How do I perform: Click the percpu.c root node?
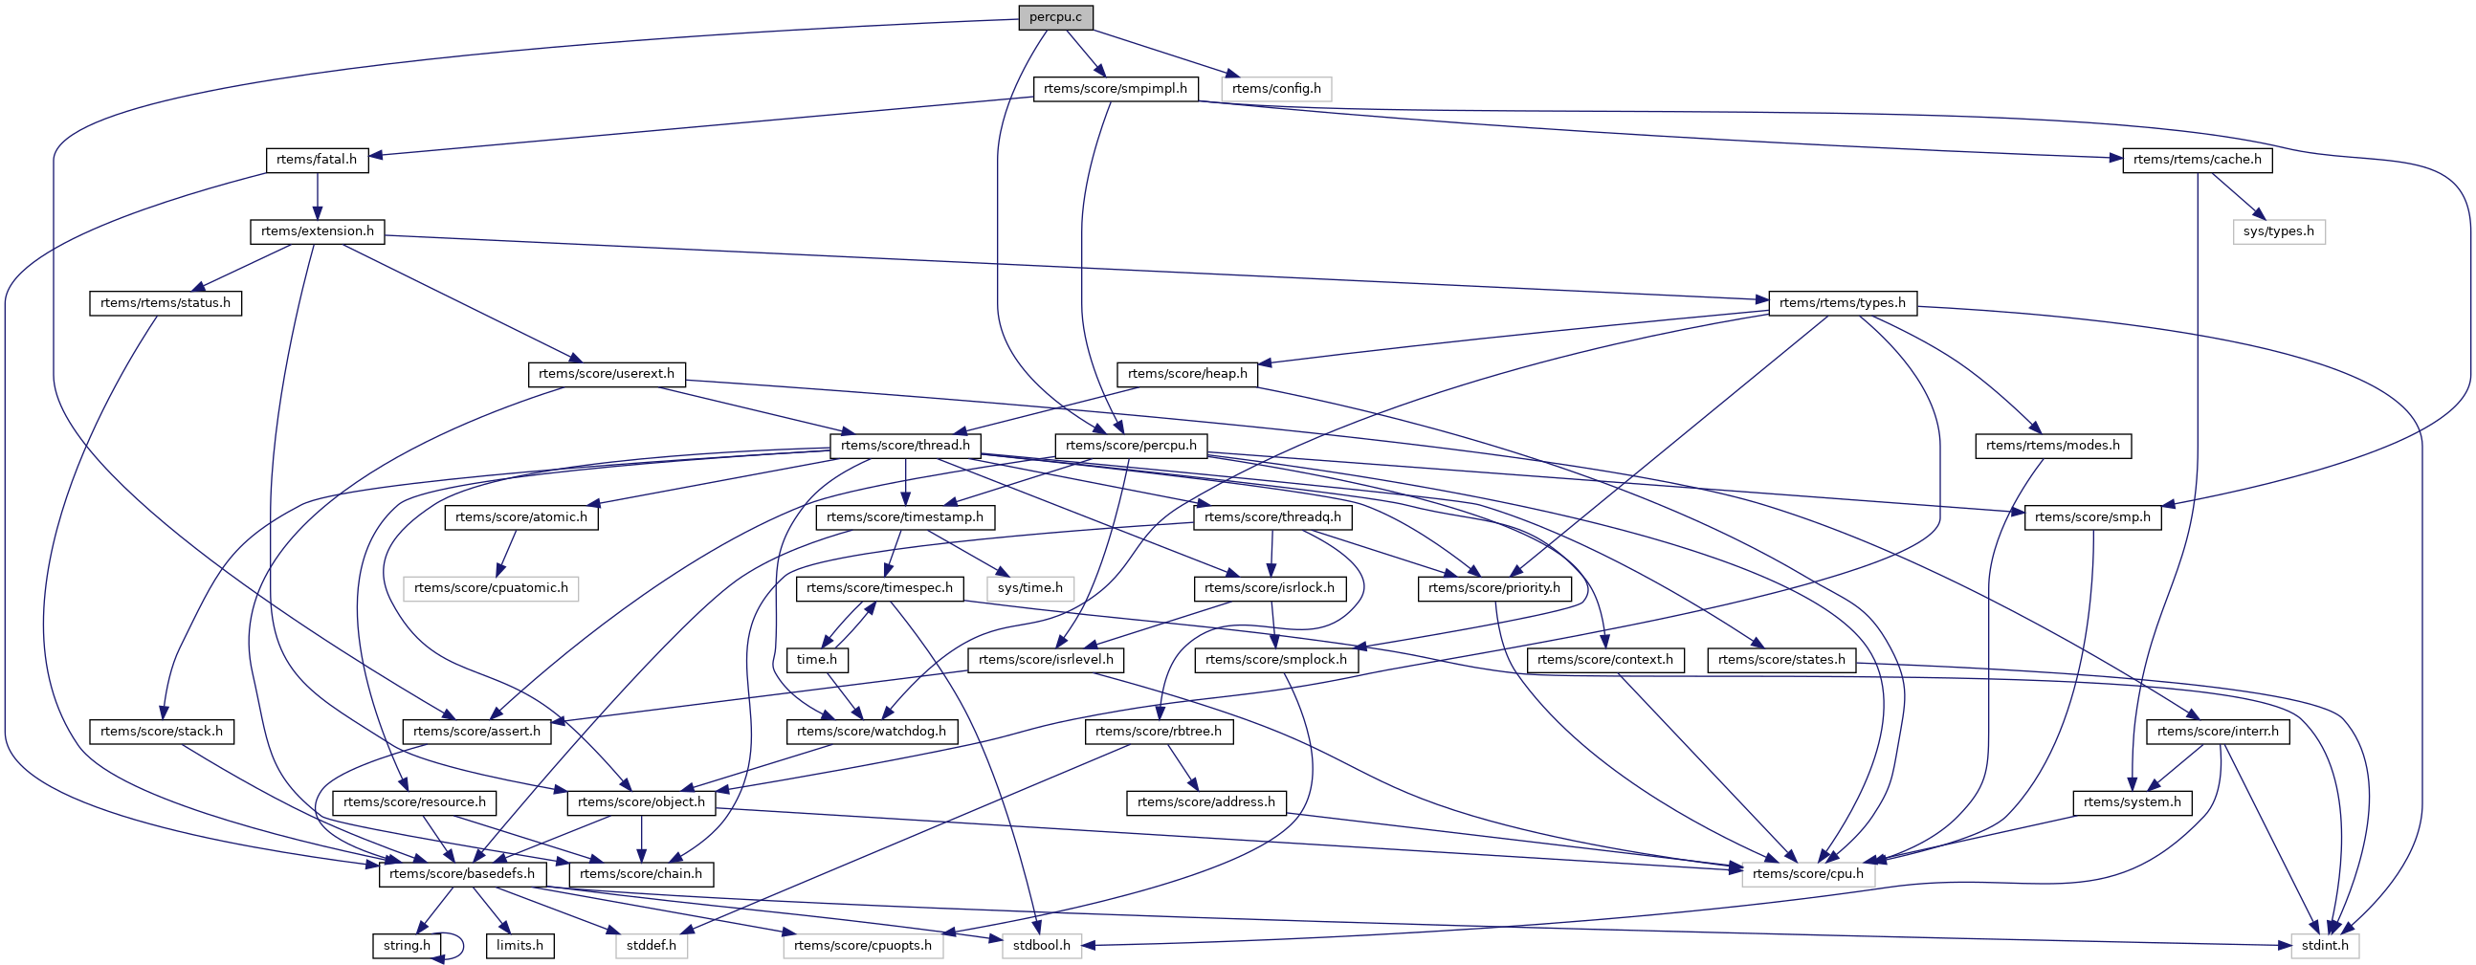coord(1055,17)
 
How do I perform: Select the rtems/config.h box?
coord(1275,88)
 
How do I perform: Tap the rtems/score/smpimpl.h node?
coord(1115,88)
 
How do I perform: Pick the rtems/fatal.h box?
coord(317,160)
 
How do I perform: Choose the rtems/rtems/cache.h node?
coord(2197,160)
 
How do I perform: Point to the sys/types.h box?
coord(2278,231)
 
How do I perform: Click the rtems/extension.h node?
coord(318,231)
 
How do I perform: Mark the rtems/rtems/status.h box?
coord(166,303)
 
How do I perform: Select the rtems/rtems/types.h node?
coord(1842,303)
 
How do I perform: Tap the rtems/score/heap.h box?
coord(1187,374)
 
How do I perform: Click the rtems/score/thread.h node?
coord(904,445)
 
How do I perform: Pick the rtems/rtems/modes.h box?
coord(2052,445)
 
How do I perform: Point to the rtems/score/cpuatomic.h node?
coord(490,588)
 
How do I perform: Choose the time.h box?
coord(817,659)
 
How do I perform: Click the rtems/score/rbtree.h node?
coord(1159,732)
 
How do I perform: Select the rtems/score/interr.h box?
coord(2218,732)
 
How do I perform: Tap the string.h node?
coord(407,946)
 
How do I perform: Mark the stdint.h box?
coord(2325,946)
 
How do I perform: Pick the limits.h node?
coord(520,946)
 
